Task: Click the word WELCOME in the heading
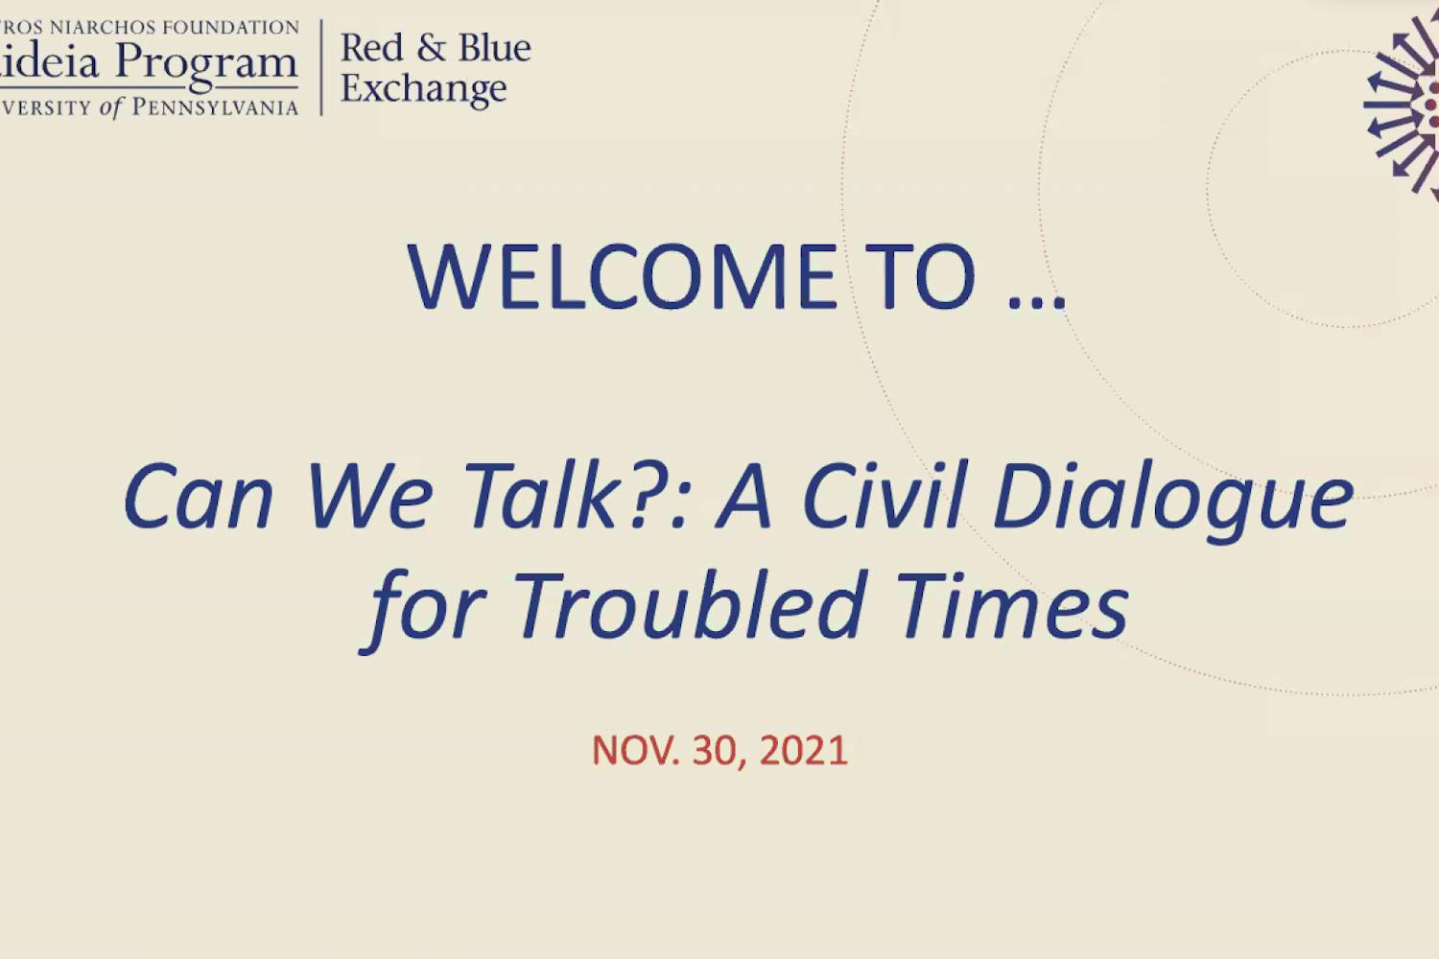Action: coord(622,277)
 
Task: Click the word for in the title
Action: coord(427,608)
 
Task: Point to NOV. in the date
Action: coord(635,751)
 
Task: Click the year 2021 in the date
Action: coord(803,751)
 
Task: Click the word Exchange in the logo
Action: coord(423,89)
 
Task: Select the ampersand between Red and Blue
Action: coord(431,48)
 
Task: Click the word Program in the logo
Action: coord(206,64)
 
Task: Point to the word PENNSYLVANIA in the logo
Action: coord(215,107)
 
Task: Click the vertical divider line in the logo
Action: coord(320,67)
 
